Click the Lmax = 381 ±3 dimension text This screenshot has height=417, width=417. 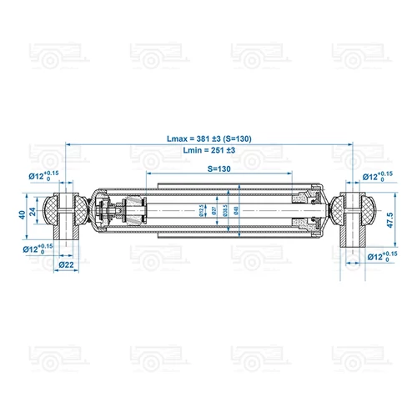pos(209,138)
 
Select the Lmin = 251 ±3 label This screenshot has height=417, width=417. pos(209,149)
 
